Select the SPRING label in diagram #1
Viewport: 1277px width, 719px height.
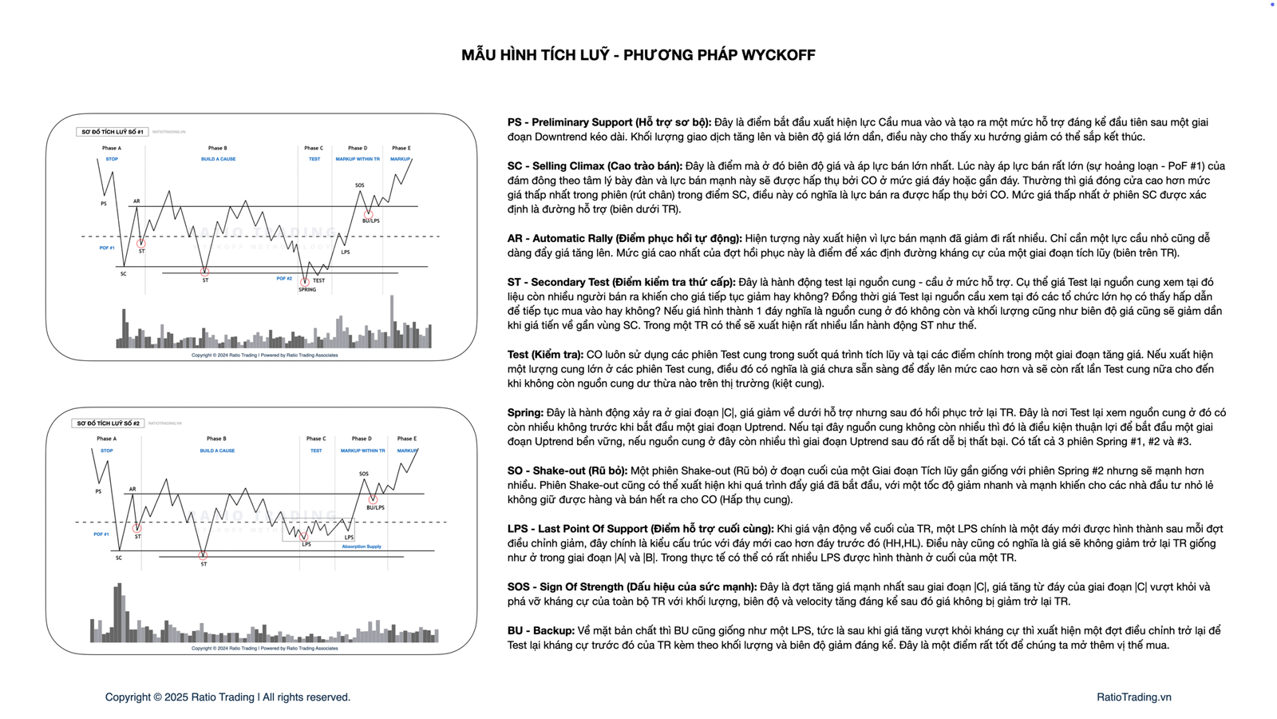[307, 289]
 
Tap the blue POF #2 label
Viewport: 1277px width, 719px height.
[284, 279]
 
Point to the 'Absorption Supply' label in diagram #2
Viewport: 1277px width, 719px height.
[362, 546]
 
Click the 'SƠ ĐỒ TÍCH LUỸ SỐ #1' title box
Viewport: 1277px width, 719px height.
[113, 132]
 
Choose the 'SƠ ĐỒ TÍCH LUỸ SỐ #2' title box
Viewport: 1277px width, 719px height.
[109, 423]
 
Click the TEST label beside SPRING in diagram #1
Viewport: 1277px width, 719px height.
[319, 280]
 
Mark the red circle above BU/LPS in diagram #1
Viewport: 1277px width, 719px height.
[368, 213]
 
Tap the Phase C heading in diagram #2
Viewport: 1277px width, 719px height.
[316, 439]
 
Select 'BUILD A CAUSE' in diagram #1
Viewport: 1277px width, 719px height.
[218, 159]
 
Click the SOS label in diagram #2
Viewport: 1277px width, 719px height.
[364, 474]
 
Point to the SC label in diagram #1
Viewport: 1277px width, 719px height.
[124, 274]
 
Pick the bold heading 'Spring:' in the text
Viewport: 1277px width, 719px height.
[526, 413]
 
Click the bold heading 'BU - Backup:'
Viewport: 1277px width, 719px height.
[540, 630]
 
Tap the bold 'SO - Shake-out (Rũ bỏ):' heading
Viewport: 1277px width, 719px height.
[567, 471]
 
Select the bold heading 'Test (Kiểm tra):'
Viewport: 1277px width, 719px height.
[545, 355]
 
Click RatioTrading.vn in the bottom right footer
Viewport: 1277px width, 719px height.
[1133, 697]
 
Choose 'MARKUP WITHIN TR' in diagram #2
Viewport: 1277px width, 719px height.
[362, 451]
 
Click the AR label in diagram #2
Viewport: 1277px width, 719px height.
[132, 489]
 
